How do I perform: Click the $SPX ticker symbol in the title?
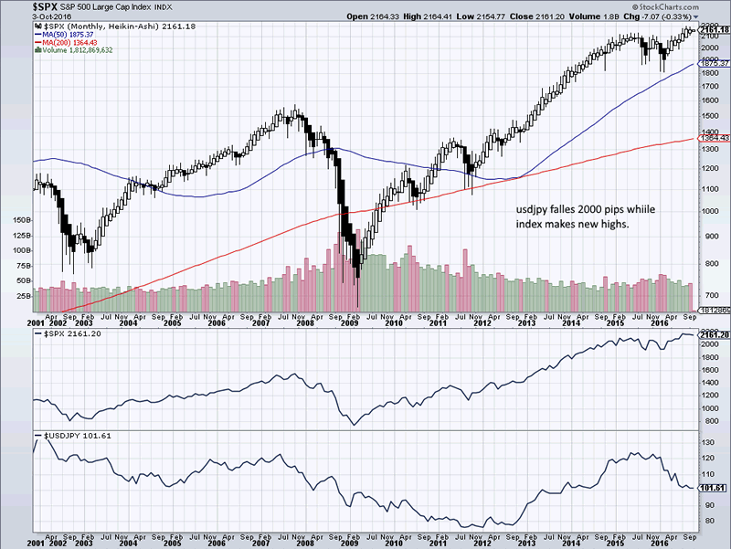pyautogui.click(x=18, y=6)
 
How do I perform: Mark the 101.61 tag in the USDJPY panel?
pyautogui.click(x=713, y=489)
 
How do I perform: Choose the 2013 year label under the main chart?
pyautogui.click(x=527, y=323)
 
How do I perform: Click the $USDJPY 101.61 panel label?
pyautogui.click(x=69, y=436)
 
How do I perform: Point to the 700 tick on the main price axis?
pyautogui.click(x=707, y=295)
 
